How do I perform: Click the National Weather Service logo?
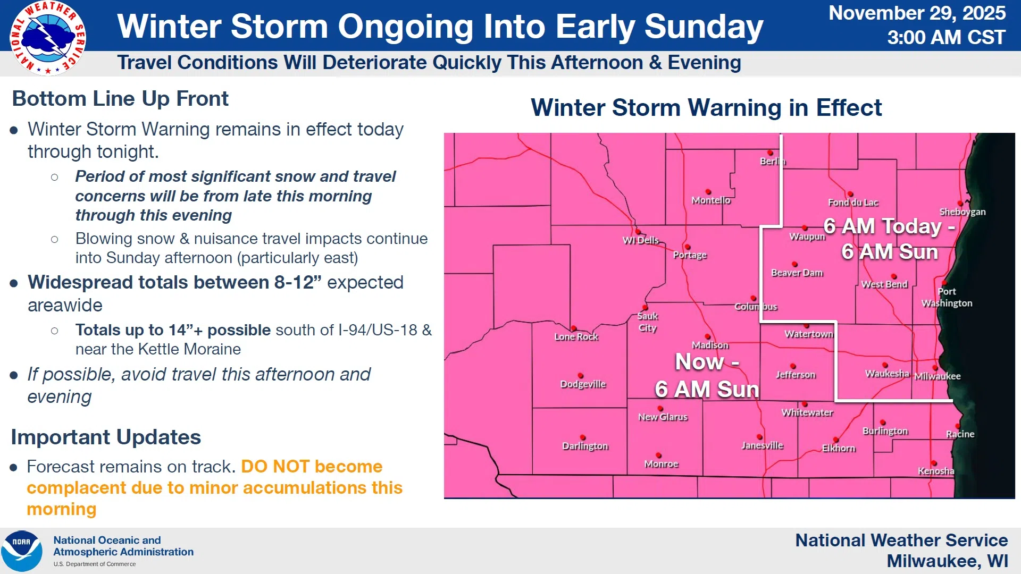pos(48,38)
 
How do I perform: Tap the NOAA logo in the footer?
pos(22,551)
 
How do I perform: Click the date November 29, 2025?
pos(917,13)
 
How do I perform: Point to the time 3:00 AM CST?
pos(946,38)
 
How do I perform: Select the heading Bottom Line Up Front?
pos(120,99)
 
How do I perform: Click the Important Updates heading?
pos(106,437)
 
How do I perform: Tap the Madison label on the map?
pos(710,345)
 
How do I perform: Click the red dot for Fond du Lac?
pos(850,195)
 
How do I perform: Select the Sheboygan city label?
pos(963,212)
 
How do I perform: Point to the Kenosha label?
pos(936,471)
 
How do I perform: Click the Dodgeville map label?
pos(583,384)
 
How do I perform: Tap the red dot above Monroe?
pos(658,455)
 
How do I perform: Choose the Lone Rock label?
pos(576,337)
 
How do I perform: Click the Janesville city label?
pos(763,446)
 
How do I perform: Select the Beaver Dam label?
pos(797,273)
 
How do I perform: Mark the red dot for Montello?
pos(708,192)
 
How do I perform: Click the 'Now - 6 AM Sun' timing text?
pos(707,376)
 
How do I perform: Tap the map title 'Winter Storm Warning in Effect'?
pos(706,108)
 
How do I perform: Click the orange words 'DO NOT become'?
pos(312,467)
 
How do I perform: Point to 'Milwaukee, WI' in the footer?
pos(947,561)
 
